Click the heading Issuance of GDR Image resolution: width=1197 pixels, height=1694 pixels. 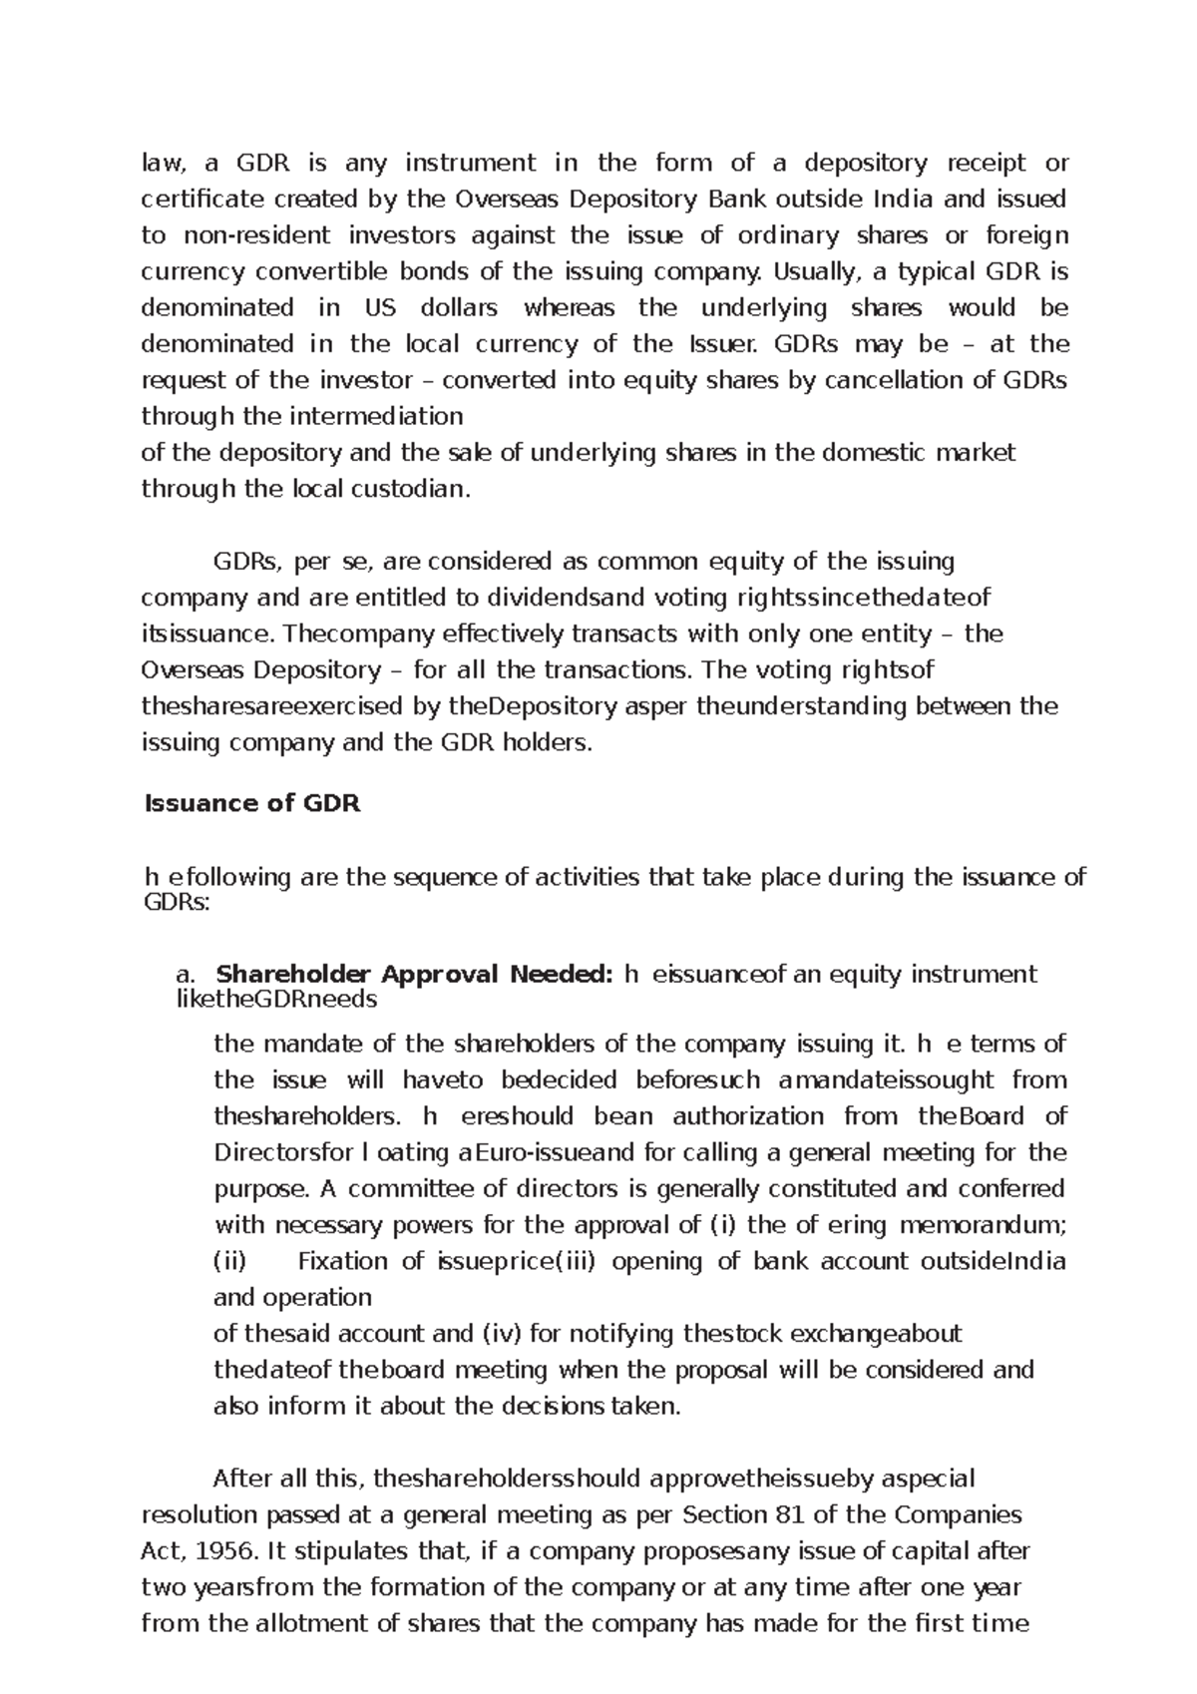[252, 804]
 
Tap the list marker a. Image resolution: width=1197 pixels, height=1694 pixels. [186, 975]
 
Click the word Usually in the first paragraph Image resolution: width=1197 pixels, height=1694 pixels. [819, 271]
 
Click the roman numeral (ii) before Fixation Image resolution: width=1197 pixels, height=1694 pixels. [230, 1262]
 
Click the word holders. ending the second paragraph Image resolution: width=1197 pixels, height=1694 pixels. [547, 743]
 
